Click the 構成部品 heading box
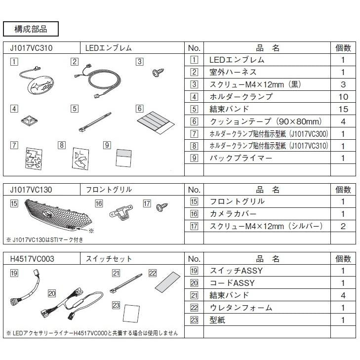point(31,29)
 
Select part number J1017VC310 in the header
point(31,48)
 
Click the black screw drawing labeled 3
point(159,72)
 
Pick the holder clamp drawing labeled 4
point(29,120)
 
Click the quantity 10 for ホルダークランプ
point(343,97)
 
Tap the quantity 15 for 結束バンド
point(343,109)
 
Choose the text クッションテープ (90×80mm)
point(266,121)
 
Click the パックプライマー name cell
point(267,158)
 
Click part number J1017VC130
point(31,190)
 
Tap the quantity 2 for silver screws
point(343,226)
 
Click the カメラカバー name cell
point(267,214)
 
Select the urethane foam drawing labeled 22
point(168,282)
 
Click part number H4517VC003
point(32,259)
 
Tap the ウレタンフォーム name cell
point(267,308)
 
